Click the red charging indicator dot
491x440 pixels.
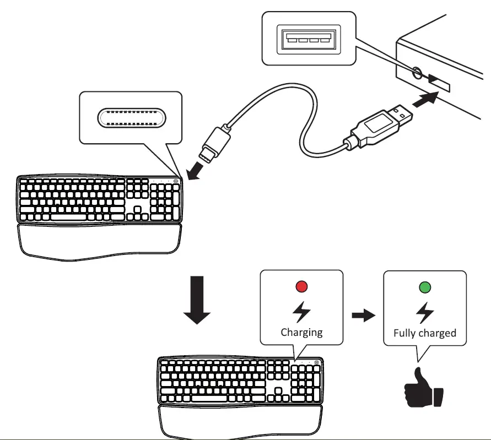(301, 286)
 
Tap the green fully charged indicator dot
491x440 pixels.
(425, 287)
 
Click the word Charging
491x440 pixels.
(301, 333)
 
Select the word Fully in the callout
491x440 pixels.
(403, 333)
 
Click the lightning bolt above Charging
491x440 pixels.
(301, 312)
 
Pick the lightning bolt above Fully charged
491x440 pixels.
(425, 313)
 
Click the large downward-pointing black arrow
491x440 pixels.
(197, 300)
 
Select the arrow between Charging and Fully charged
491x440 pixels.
(364, 315)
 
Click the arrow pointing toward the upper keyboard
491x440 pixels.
(194, 171)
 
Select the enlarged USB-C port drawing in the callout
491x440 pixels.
(132, 118)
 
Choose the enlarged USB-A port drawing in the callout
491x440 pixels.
(309, 39)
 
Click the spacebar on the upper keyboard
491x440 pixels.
(68, 217)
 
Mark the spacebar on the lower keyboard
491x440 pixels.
(209, 398)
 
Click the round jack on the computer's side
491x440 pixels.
(417, 73)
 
